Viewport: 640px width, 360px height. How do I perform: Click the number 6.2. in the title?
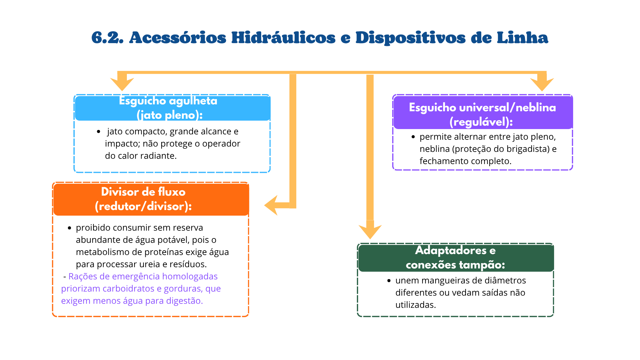pyautogui.click(x=107, y=38)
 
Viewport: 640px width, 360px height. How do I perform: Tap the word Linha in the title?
pyautogui.click(x=522, y=38)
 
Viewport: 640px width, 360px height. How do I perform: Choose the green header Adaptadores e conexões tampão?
pyautogui.click(x=456, y=258)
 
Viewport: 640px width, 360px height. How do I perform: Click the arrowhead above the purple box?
pyautogui.click(x=542, y=84)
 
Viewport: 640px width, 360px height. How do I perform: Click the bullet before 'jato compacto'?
pyautogui.click(x=99, y=132)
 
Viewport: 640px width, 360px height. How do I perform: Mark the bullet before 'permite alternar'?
pyautogui.click(x=413, y=137)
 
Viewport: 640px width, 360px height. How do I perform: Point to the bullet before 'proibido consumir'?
pyautogui.click(x=69, y=228)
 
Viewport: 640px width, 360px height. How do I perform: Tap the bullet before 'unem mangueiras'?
pyautogui.click(x=389, y=281)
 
